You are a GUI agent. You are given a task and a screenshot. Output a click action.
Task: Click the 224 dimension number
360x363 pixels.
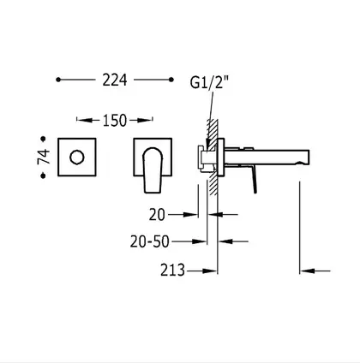115,80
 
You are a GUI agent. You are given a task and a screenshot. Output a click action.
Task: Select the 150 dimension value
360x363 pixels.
114,121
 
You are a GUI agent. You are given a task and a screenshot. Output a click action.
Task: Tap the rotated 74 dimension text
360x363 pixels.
44,157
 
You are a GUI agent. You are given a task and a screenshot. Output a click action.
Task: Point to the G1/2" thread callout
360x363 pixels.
209,83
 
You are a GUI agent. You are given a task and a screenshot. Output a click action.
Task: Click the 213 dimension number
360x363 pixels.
172,270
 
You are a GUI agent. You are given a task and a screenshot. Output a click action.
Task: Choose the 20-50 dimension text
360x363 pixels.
150,241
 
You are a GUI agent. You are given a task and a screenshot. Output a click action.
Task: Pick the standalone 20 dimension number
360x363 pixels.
157,215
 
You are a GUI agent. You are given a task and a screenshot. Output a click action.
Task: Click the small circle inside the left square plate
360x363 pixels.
77,158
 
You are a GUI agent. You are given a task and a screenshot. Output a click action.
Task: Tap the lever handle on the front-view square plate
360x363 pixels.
153,170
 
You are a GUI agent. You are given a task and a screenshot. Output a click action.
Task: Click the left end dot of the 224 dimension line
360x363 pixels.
58,80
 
